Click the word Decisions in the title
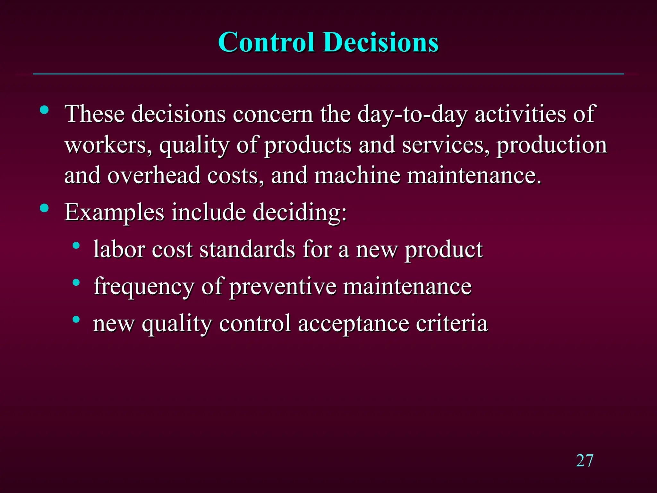click(x=381, y=43)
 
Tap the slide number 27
click(x=584, y=461)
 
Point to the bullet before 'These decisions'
click(x=44, y=110)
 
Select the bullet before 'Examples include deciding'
click(x=44, y=208)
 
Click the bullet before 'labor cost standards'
click(x=76, y=246)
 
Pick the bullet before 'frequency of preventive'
click(x=76, y=282)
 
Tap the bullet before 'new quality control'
click(x=76, y=319)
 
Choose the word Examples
click(x=114, y=212)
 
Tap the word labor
click(x=119, y=249)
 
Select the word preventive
click(x=283, y=287)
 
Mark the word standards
click(x=247, y=249)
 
